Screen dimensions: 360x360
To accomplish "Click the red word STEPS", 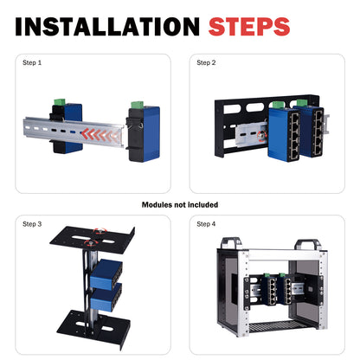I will [249, 26].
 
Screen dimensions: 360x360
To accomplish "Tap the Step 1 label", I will [32, 62].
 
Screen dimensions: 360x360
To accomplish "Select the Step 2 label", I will [207, 62].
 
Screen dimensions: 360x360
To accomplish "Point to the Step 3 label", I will [32, 224].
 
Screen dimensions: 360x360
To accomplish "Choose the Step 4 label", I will [207, 224].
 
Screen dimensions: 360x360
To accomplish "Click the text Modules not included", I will [180, 205].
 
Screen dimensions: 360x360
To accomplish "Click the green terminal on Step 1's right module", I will [138, 104].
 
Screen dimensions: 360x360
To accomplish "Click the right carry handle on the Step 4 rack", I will [311, 245].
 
